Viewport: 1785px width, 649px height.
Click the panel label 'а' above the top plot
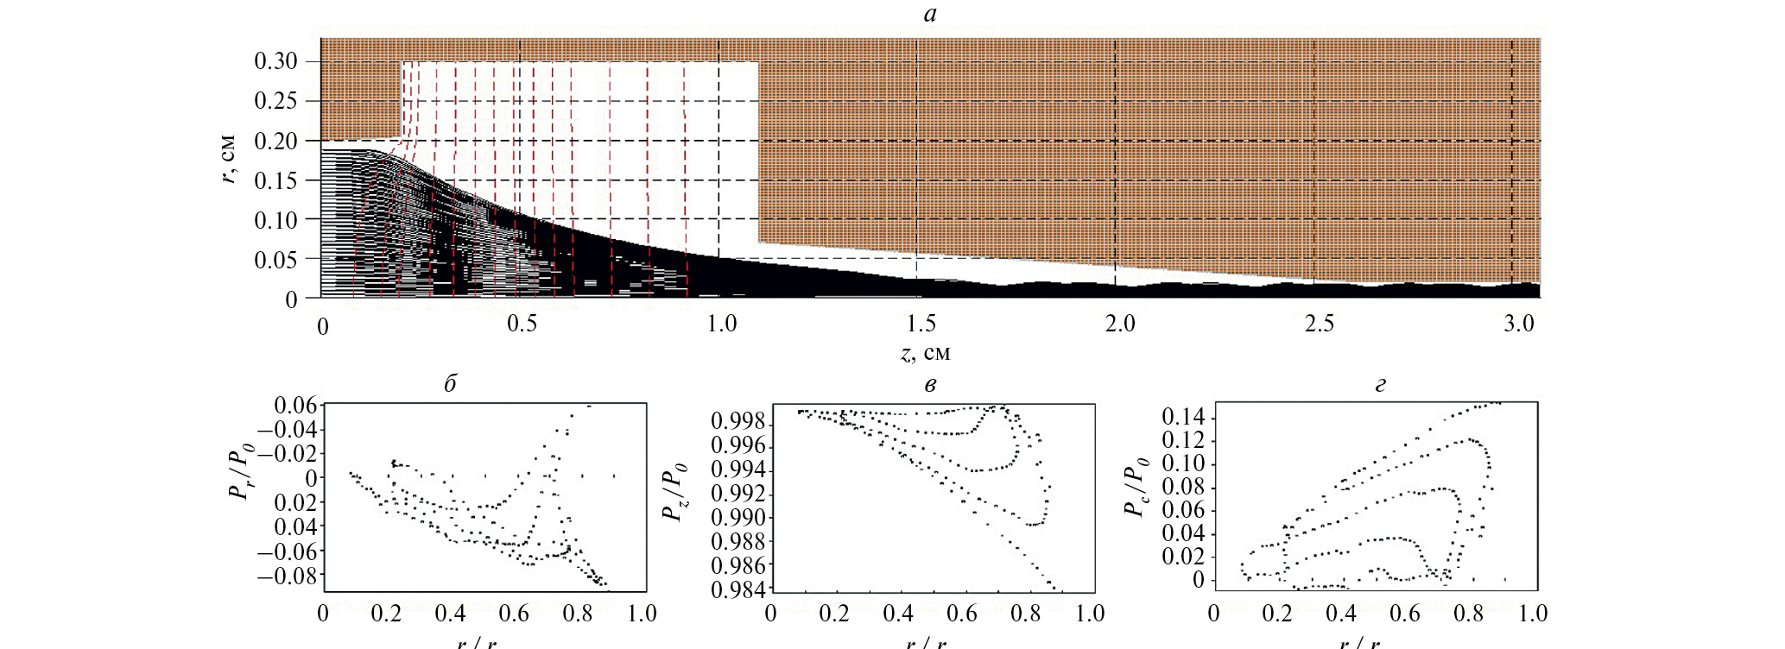[x=929, y=14]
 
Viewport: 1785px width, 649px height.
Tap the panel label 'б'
[x=450, y=384]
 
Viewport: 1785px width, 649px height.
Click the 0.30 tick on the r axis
[x=275, y=61]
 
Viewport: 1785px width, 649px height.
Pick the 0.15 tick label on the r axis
[x=275, y=180]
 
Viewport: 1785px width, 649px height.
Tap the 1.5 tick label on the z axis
[x=921, y=324]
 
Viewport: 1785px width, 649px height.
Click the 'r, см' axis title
[x=228, y=159]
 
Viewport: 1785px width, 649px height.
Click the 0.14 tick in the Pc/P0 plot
[x=1184, y=419]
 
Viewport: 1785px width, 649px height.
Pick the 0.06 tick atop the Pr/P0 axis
[x=295, y=406]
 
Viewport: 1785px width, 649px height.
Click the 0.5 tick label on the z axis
[x=522, y=324]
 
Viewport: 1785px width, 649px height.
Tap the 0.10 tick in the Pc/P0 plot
[x=1184, y=464]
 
